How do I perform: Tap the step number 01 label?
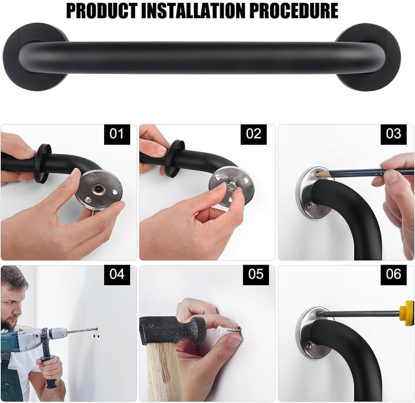[117, 134]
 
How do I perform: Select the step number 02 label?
[254, 134]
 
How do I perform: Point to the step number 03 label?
[393, 134]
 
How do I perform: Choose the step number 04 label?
[117, 274]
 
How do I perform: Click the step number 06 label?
[393, 274]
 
